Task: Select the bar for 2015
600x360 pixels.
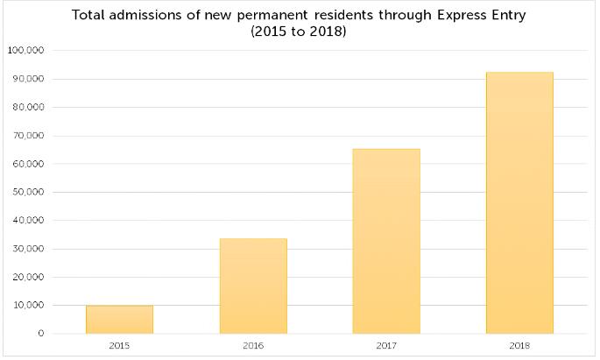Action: pos(119,320)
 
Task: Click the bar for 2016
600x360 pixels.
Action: pos(253,286)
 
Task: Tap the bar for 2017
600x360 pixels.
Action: pos(386,241)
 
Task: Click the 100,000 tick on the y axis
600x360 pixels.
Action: pos(25,51)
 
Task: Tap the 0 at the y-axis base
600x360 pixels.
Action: pos(40,334)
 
